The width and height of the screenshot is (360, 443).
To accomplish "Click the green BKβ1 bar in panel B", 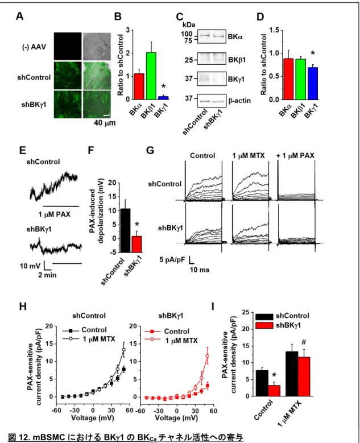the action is tap(151, 76).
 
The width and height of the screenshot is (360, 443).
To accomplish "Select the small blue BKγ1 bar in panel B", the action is tap(163, 98).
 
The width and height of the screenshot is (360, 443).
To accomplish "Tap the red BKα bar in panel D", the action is tap(288, 79).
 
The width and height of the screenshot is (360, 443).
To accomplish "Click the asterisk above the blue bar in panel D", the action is tap(313, 53).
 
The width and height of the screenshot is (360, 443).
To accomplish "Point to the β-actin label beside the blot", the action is tap(239, 101).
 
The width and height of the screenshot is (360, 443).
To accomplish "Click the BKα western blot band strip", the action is tap(212, 36).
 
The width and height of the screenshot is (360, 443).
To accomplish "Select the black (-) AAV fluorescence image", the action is tap(68, 47).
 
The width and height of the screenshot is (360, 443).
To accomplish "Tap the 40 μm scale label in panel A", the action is tap(105, 123).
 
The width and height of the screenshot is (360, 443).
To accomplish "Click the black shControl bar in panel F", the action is tap(126, 230).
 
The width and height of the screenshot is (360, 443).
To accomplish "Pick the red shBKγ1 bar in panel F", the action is tap(136, 244).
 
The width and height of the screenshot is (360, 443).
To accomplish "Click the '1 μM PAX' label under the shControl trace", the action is tap(54, 214).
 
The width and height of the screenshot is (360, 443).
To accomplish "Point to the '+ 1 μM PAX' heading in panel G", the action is tap(295, 156).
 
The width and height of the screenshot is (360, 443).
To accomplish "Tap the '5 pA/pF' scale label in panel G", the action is tap(173, 259).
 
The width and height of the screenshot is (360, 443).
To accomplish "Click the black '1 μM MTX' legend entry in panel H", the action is tap(89, 339).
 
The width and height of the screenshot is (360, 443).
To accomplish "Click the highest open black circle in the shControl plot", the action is tap(123, 350).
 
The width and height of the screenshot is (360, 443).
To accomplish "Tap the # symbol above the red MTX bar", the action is tap(304, 343).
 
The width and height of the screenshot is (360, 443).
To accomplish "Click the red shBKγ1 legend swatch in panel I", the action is tap(264, 325).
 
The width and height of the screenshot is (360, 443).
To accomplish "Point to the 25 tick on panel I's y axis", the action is tap(246, 312).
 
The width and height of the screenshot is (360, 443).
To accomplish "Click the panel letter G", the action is tap(150, 150).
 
